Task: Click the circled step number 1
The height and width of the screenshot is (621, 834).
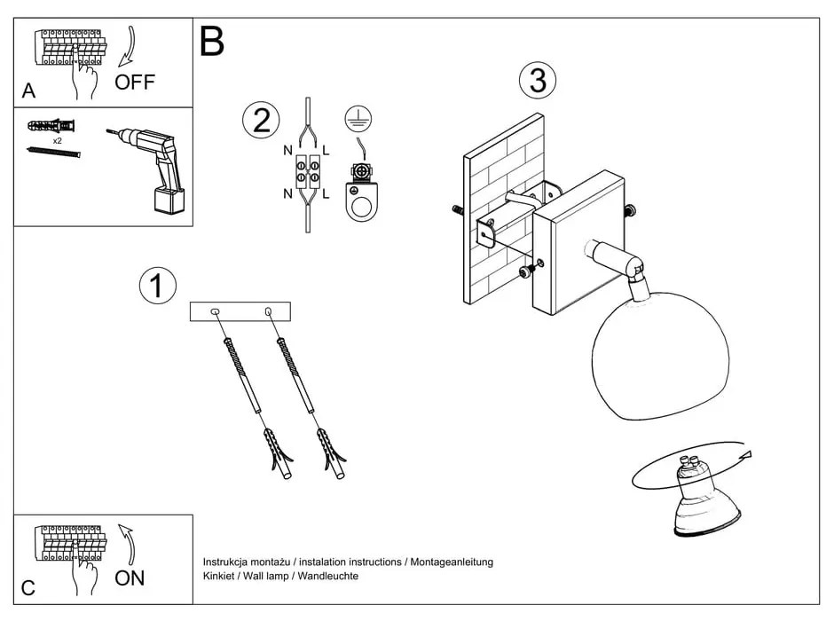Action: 158,286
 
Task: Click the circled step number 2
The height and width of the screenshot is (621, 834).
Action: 261,120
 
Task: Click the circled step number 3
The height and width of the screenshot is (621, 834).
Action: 538,81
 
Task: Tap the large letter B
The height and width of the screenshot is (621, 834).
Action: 212,42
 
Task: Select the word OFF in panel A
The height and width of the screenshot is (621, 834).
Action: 135,83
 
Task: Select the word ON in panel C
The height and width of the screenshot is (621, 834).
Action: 130,578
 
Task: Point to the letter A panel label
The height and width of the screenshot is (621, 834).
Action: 29,90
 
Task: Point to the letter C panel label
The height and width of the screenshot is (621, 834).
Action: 28,587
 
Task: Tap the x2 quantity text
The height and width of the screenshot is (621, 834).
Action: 57,141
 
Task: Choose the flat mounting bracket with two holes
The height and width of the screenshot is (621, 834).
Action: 240,311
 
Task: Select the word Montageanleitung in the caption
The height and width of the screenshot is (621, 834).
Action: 452,562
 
